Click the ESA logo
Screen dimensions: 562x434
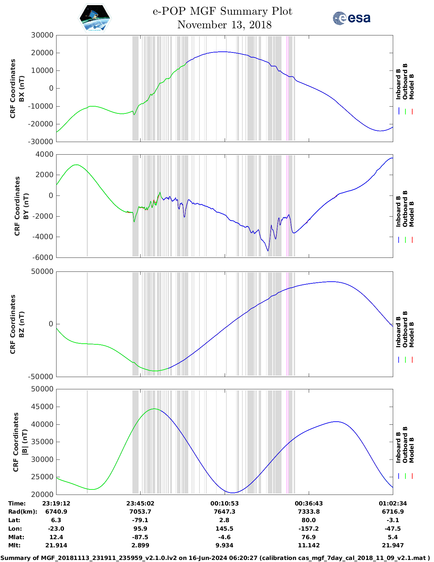click(351, 18)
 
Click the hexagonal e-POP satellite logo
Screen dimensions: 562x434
click(95, 18)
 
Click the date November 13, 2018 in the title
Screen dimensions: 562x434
click(224, 25)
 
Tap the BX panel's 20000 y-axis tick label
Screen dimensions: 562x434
click(42, 53)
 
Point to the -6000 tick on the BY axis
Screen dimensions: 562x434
click(43, 257)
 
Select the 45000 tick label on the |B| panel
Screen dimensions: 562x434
click(42, 407)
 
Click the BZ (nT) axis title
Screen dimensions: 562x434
click(21, 324)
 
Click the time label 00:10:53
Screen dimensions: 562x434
click(224, 503)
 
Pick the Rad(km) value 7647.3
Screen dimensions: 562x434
click(224, 512)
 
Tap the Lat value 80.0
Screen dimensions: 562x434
click(309, 520)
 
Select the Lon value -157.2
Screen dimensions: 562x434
click(309, 529)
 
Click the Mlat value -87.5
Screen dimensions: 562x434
click(140, 537)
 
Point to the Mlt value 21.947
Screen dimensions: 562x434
click(393, 545)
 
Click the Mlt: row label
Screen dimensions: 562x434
click(14, 545)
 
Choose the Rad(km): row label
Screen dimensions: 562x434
click(22, 512)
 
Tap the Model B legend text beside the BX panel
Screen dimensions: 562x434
click(412, 87)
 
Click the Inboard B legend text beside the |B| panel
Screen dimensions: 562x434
click(398, 447)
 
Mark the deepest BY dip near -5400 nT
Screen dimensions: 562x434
click(268, 251)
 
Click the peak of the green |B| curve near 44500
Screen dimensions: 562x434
click(154, 409)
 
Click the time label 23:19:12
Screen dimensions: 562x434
click(56, 503)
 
